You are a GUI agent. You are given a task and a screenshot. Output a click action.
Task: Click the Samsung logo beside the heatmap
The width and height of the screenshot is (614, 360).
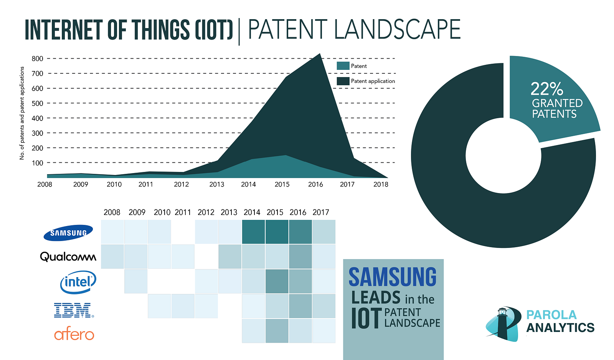pos(68,233)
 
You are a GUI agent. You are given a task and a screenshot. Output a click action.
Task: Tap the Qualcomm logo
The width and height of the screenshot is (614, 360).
pos(68,256)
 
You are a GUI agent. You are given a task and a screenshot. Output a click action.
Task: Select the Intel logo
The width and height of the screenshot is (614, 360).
pos(78,282)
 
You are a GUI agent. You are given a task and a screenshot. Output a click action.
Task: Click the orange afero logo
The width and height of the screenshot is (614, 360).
pos(74,335)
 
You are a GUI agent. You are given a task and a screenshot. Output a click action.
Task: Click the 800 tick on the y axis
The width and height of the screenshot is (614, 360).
pos(37,59)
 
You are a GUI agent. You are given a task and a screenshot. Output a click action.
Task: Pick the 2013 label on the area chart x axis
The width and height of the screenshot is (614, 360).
pos(217,184)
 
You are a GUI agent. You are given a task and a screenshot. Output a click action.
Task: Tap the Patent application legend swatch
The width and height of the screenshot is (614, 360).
pos(343,81)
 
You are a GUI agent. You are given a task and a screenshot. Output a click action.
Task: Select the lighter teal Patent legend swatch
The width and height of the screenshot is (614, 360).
pos(343,66)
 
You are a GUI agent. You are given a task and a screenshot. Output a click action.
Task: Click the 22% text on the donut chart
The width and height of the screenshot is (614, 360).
pos(547,89)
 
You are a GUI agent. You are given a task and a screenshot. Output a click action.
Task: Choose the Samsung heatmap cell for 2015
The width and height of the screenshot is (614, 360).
pos(277,232)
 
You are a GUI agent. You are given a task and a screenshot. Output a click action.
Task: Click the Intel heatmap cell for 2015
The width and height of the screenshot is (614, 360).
pos(277,281)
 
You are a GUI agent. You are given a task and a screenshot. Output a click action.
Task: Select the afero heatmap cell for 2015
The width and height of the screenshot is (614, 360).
pos(277,331)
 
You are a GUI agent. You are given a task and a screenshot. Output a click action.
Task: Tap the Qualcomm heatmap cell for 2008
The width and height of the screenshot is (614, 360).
pos(112,256)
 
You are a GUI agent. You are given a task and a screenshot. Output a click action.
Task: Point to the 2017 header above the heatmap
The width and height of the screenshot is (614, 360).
pos(321,212)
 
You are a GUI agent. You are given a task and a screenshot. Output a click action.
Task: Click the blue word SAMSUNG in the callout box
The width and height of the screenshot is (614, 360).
pos(392,277)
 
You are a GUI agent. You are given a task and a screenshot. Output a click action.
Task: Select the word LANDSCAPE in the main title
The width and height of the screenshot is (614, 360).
pos(397,30)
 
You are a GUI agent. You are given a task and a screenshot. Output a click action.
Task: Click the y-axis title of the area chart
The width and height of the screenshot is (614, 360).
pos(22,113)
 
